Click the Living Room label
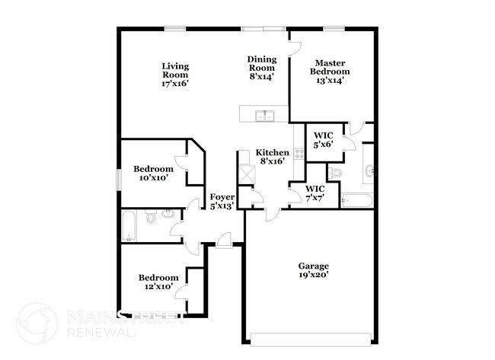(x=175, y=75)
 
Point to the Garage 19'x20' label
(x=313, y=270)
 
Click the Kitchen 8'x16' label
(x=272, y=157)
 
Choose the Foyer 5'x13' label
(x=222, y=201)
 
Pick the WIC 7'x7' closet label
(x=315, y=193)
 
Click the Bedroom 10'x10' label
(x=153, y=173)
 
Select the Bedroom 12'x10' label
(x=158, y=282)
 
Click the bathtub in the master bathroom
(x=356, y=201)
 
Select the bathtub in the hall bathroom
(x=129, y=227)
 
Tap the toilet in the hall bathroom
(x=151, y=218)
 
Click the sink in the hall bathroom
(x=167, y=217)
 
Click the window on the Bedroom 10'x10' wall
(x=118, y=179)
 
